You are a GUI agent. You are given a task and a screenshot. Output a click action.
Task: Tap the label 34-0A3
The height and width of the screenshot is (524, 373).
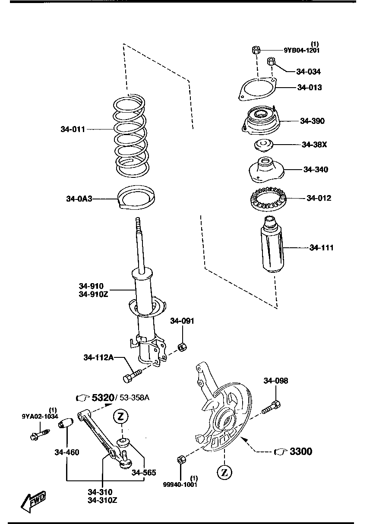coord(79,199)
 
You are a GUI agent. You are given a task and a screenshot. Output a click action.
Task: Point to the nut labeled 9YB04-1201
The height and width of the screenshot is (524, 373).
coord(255,50)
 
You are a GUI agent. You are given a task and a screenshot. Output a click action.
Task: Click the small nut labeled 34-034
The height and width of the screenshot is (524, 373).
coord(271,61)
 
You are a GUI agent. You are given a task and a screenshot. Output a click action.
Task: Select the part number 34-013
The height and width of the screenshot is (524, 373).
coord(309,88)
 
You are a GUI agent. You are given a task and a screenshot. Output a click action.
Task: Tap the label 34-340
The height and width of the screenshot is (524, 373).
coord(315,170)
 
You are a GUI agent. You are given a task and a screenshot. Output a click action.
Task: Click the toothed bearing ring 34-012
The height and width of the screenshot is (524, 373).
coord(268,199)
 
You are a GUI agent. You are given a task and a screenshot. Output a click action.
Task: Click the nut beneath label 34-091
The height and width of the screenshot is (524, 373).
coord(182,346)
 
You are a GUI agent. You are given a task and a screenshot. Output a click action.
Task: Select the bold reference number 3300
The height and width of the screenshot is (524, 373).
coord(301,451)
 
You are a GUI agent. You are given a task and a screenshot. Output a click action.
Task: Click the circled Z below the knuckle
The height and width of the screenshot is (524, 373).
coord(224,473)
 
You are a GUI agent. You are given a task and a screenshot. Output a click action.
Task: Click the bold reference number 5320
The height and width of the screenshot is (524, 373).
coord(103,397)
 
